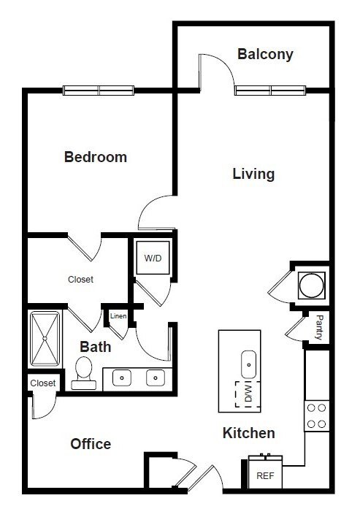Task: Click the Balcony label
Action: [x=265, y=54]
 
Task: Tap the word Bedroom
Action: [x=96, y=157]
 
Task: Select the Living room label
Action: [x=253, y=174]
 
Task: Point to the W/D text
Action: [x=153, y=258]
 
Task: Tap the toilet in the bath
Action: [x=83, y=370]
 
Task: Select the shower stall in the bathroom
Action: [x=47, y=339]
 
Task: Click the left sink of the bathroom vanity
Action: [x=122, y=378]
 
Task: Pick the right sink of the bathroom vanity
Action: [x=155, y=378]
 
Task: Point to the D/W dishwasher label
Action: [x=248, y=395]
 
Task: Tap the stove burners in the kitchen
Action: [x=316, y=415]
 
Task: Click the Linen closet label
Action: [x=118, y=315]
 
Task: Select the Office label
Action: [x=91, y=444]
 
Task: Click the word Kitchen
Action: [x=248, y=433]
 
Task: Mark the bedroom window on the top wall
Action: [x=99, y=91]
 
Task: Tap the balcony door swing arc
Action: [x=218, y=70]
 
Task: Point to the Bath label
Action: [x=96, y=346]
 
